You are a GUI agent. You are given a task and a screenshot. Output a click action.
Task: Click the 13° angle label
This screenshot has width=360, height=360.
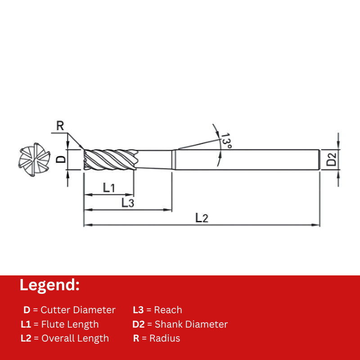coord(226,140)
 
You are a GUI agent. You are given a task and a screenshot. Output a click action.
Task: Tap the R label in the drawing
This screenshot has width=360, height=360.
coord(60,126)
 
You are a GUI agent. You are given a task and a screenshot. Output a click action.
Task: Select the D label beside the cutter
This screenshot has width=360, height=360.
coord(61,159)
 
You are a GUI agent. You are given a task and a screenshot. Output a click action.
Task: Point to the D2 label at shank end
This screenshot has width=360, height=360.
coord(332,159)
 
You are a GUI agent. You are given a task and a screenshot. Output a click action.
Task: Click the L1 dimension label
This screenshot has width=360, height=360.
coord(109,188)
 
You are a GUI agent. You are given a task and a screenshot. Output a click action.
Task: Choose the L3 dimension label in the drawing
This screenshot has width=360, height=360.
coord(128,203)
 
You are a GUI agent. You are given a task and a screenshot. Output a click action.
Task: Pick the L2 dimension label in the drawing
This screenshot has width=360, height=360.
coord(202,218)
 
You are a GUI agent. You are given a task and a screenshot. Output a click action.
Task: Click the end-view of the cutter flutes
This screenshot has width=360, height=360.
coord(34,160)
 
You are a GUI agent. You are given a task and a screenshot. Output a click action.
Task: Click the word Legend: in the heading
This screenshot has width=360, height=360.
coord(49,285)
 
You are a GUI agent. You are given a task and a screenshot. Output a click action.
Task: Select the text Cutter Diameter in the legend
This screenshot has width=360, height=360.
coord(78,310)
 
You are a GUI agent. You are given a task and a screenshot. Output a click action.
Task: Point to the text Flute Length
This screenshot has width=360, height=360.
coord(70,324)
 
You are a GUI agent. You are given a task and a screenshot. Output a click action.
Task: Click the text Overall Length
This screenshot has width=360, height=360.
coord(75,338)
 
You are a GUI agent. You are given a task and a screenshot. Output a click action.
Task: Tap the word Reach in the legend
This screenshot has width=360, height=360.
coord(168,310)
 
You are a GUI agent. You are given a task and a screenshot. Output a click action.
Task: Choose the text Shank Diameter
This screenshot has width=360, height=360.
coord(191,324)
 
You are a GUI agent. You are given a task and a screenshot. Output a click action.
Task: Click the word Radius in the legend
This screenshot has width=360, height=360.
coord(165,338)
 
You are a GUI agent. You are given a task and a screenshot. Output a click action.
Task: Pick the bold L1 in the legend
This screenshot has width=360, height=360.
coord(26,324)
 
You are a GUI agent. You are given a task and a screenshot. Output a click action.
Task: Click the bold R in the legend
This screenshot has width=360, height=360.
coord(136,338)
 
